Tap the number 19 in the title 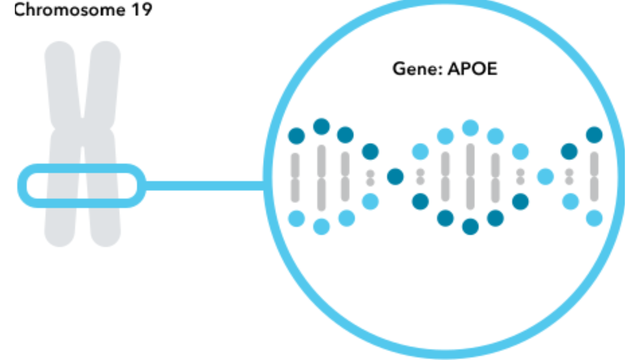tap(141, 9)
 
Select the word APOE tap(472, 68)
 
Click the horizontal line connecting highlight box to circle tap(205, 186)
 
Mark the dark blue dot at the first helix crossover tap(395, 176)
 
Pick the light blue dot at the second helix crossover tap(545, 176)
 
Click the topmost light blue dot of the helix tap(470, 127)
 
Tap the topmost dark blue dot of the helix tap(321, 126)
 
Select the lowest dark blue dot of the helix tap(470, 226)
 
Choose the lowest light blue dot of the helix tap(321, 226)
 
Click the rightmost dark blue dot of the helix tap(594, 135)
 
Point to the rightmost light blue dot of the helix tap(594, 218)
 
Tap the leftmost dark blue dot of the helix tap(296, 135)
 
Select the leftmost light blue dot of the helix tap(296, 218)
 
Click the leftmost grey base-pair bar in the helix tap(295, 177)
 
